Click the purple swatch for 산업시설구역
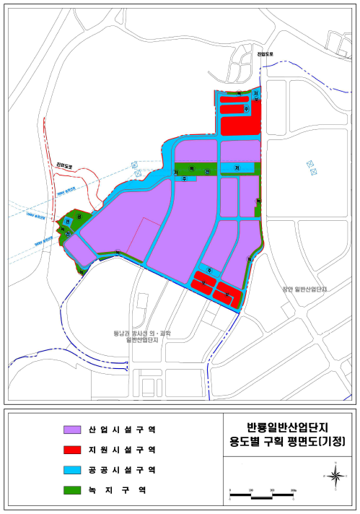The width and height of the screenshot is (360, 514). tap(74, 429)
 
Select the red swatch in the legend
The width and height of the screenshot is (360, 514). tap(74, 449)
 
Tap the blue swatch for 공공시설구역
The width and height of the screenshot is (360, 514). tap(74, 469)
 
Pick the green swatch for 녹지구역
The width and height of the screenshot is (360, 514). tap(74, 489)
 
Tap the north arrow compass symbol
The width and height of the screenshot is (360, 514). tap(335, 475)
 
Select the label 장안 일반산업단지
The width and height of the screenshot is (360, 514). tap(308, 289)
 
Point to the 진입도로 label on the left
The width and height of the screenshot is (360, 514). tap(66, 165)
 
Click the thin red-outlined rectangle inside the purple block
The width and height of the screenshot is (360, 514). tap(141, 239)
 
